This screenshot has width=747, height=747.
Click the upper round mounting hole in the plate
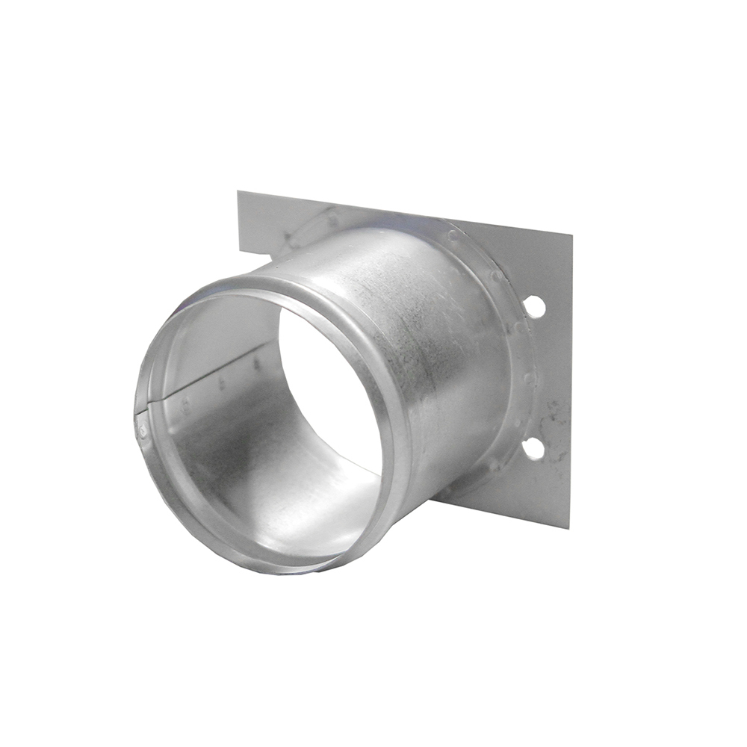point(534,306)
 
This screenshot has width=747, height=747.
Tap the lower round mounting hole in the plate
point(533,448)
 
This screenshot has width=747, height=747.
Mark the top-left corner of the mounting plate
point(238,192)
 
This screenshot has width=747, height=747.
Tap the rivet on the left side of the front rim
point(142,431)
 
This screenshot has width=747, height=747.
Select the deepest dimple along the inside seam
point(256,366)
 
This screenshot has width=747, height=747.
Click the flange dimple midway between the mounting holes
point(529,378)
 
